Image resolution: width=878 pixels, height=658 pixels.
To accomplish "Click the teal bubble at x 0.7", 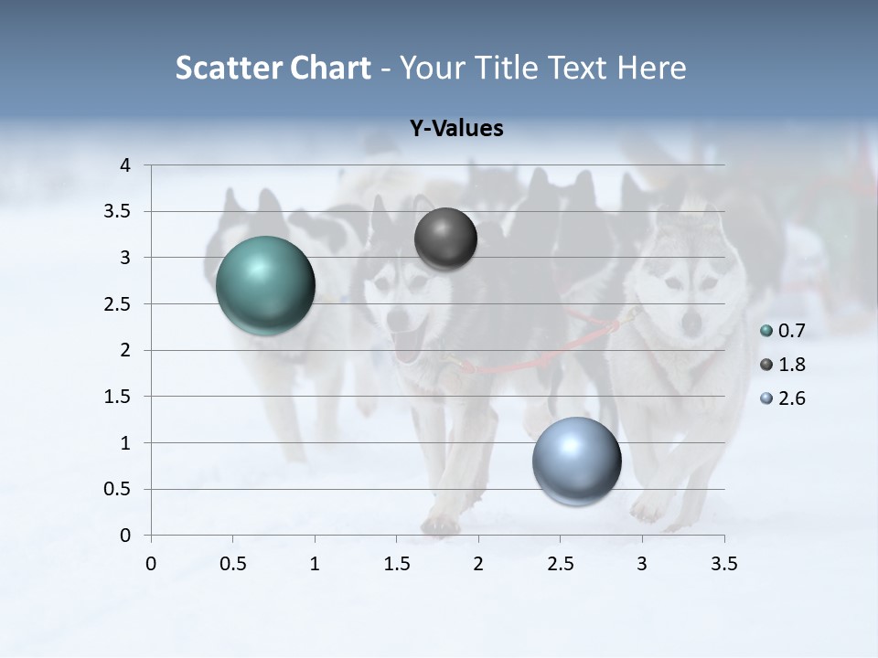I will coord(266,285).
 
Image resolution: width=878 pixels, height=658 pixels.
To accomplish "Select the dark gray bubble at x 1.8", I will coord(445,239).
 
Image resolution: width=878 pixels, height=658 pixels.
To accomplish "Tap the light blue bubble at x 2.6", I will coord(576,461).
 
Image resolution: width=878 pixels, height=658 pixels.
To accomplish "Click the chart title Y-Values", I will coord(456,129).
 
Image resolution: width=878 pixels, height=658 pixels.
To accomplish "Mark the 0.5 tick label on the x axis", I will coord(233,564).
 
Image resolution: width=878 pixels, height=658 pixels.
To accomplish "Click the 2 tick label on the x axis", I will coord(478,564).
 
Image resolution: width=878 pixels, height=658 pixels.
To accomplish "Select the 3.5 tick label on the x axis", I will coord(723,564).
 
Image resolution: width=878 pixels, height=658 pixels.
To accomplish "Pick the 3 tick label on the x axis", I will coord(642,564).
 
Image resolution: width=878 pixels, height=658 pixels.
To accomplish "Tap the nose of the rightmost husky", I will coord(692,321).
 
